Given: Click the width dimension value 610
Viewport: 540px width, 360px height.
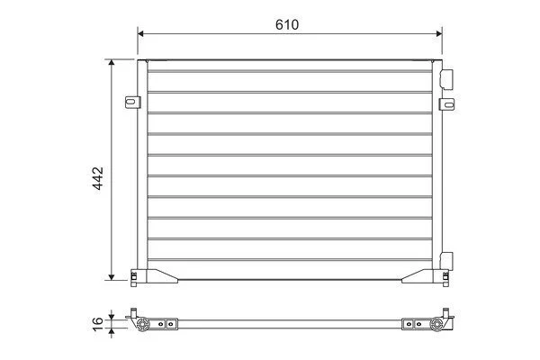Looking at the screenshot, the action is tap(287, 25).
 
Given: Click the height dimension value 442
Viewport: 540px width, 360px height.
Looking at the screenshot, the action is tap(98, 178).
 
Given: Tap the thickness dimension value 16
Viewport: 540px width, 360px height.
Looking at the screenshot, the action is tap(98, 324).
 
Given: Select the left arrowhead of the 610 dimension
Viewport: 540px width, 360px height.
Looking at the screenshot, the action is tap(140, 33).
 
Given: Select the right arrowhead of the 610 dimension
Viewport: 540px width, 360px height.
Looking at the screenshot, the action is tap(439, 33).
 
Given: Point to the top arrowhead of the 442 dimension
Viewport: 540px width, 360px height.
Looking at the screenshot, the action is tap(112, 62).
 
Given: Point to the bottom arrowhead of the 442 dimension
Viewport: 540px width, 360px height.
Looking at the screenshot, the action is tap(112, 277).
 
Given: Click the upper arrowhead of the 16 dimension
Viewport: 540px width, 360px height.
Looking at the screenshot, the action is tap(112, 316).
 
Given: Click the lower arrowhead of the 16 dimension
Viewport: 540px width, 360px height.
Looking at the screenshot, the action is tap(112, 331).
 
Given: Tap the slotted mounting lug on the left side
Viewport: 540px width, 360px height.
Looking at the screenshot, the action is tap(133, 103).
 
